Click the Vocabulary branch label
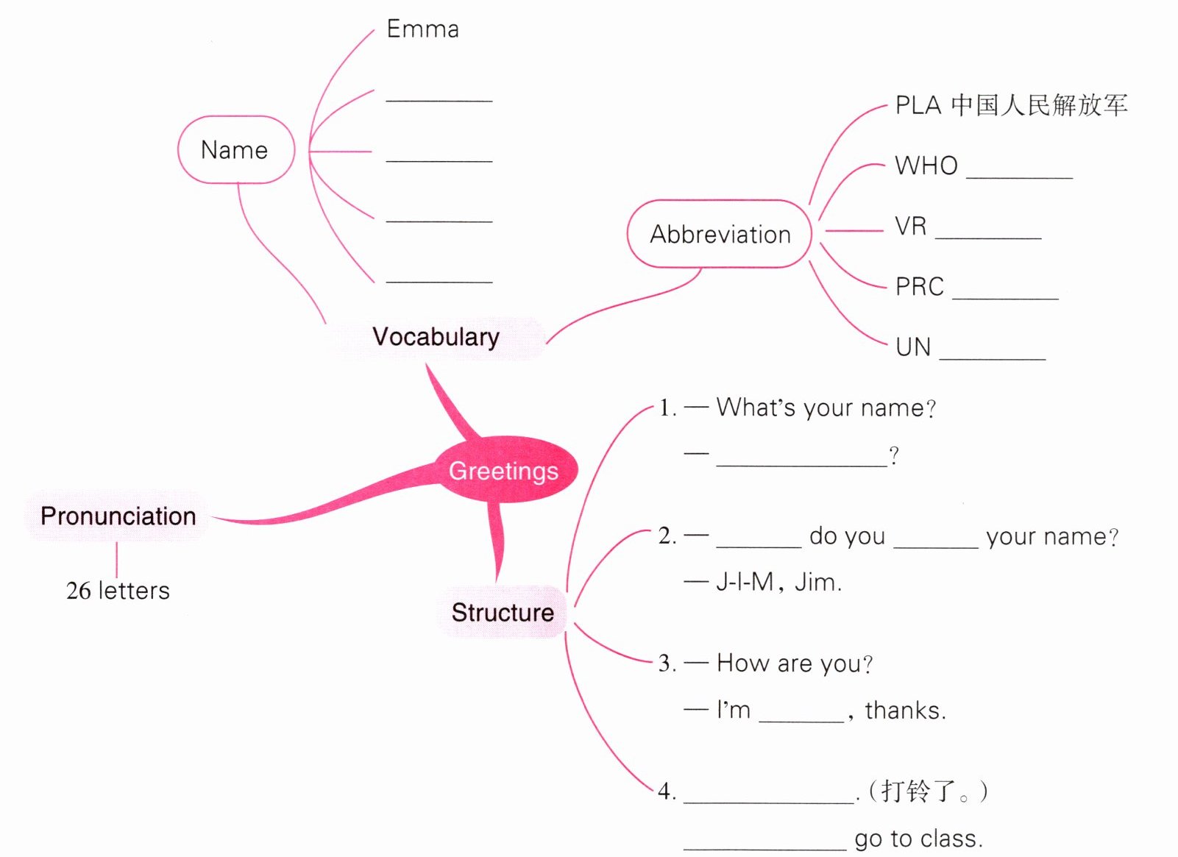[436, 338]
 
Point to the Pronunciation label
[118, 516]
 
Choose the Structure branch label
[503, 613]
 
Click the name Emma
[423, 29]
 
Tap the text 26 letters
[118, 591]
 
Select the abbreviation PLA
[918, 105]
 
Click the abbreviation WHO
[926, 166]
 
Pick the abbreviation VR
[911, 226]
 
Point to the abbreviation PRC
[920, 287]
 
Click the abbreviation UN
[913, 347]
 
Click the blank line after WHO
[1020, 178]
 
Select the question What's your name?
[826, 408]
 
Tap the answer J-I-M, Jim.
[779, 582]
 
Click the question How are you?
[795, 663]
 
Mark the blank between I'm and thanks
[801, 722]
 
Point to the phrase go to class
[919, 839]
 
